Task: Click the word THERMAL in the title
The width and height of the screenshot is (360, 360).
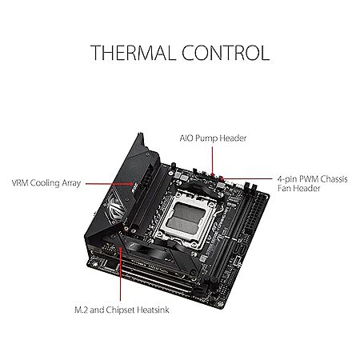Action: click(132, 53)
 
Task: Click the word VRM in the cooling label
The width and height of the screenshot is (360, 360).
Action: click(20, 183)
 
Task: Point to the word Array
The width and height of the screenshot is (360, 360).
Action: click(71, 184)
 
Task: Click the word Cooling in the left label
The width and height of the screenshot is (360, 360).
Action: click(45, 184)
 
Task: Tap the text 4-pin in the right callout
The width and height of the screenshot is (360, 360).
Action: click(287, 179)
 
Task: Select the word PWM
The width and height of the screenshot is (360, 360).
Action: click(309, 178)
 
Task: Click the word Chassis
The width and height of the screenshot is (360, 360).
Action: click(334, 178)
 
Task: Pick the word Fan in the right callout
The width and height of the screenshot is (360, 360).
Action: click(284, 188)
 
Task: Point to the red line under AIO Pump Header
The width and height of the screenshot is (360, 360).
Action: click(213, 161)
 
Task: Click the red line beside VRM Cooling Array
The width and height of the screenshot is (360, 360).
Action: click(110, 184)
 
